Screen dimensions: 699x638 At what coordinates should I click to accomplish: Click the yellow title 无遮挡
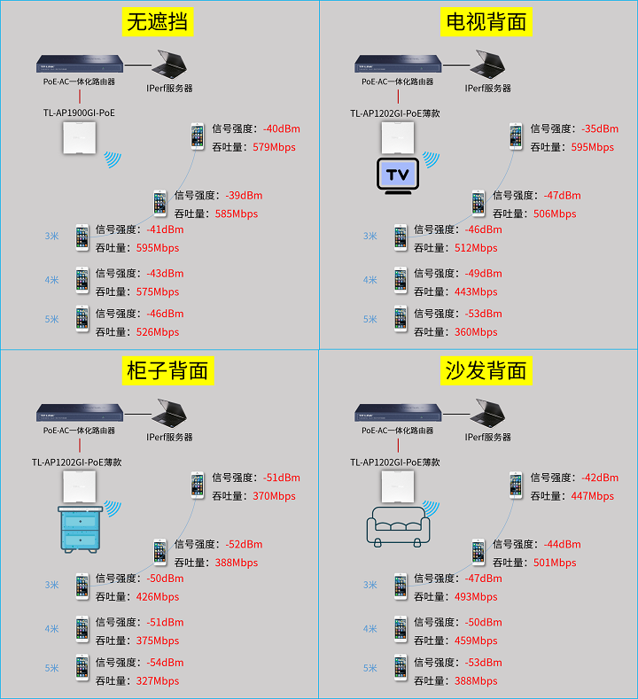(159, 21)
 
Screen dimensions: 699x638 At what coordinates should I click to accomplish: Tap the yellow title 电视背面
(486, 21)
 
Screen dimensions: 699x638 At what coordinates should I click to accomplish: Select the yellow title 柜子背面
(167, 370)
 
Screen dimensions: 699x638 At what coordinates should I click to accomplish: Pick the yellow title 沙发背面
(486, 370)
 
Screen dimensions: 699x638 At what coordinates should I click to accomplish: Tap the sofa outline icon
(398, 524)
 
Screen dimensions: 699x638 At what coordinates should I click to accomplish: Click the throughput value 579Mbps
(274, 147)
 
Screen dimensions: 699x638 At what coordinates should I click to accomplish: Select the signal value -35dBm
(599, 128)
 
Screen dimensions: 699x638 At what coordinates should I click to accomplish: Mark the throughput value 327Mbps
(158, 681)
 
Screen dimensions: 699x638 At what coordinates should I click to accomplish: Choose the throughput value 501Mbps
(555, 563)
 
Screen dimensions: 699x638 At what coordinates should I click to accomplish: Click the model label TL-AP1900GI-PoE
(79, 113)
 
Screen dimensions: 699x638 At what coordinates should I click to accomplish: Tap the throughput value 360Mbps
(476, 332)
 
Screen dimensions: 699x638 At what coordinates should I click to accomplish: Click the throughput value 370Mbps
(274, 496)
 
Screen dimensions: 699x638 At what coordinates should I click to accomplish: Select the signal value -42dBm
(599, 478)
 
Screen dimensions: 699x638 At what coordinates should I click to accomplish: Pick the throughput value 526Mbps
(158, 332)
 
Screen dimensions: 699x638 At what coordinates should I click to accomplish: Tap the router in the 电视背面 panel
(398, 64)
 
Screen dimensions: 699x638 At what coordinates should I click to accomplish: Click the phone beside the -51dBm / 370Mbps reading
(197, 485)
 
